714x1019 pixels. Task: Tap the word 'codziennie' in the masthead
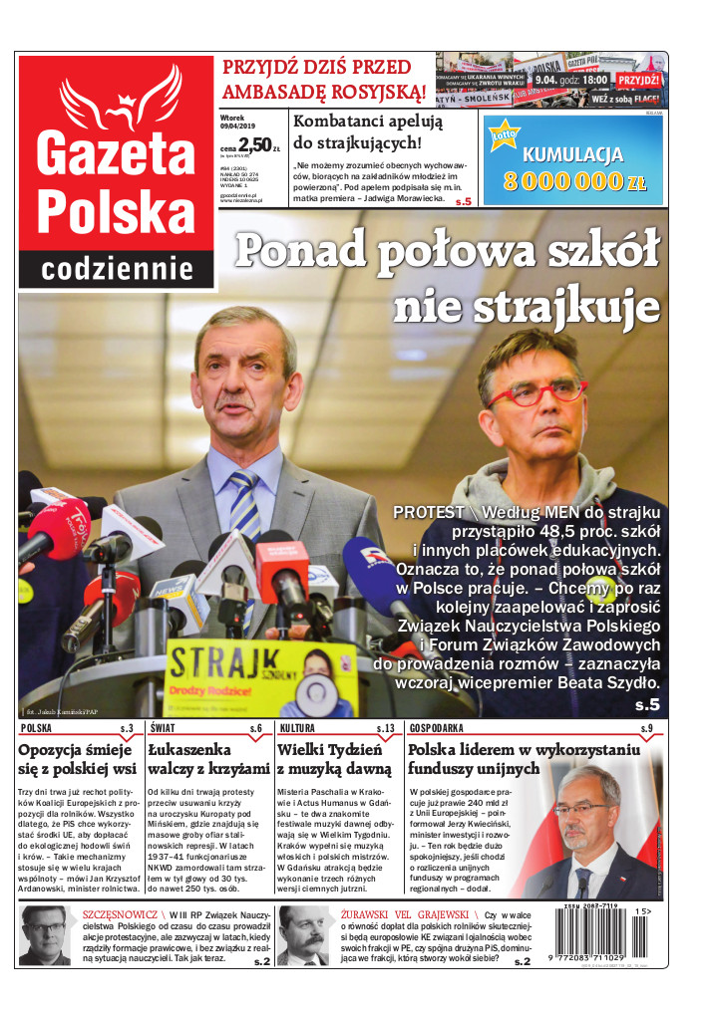pos(118,268)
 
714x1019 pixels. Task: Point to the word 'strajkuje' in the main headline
pos(527,306)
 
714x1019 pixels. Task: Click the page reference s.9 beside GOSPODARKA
pos(646,728)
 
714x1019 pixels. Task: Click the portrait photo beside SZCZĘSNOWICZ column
pos(43,935)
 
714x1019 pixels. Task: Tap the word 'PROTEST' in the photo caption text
pos(429,512)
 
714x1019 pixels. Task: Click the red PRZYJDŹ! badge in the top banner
pos(638,80)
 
